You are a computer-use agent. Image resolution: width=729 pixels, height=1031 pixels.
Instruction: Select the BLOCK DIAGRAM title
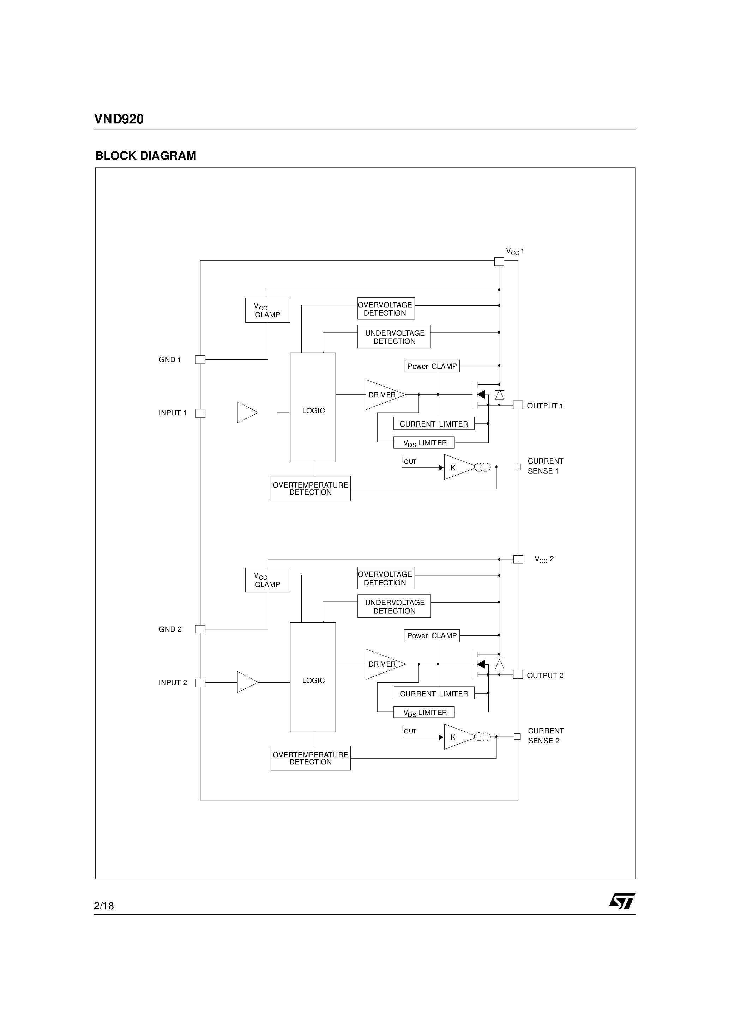click(x=146, y=156)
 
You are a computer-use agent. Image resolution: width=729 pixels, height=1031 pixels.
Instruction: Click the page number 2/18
click(x=104, y=906)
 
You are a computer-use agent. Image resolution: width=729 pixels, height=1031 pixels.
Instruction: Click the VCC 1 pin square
click(x=499, y=261)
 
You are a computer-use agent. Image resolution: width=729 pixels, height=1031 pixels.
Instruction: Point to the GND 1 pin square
click(x=200, y=360)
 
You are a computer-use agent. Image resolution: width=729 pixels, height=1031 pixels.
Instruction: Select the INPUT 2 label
click(x=173, y=683)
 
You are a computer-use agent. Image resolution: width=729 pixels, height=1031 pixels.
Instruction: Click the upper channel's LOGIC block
click(x=313, y=407)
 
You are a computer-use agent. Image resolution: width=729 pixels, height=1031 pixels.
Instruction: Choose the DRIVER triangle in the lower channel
click(x=383, y=664)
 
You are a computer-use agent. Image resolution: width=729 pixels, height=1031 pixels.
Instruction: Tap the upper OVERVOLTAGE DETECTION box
click(x=386, y=309)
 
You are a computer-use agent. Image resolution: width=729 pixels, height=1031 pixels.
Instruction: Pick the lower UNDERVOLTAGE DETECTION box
click(x=394, y=606)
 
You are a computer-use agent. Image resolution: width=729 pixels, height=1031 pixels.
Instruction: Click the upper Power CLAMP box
click(x=432, y=366)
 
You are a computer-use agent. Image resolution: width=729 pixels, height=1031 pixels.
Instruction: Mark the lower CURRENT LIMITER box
click(x=434, y=693)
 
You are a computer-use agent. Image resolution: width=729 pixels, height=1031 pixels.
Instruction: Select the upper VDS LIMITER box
click(x=423, y=443)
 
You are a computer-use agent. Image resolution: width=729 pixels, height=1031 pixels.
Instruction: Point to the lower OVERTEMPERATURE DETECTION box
click(x=310, y=758)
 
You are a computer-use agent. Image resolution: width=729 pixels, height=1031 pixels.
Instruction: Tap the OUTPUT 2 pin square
click(x=518, y=675)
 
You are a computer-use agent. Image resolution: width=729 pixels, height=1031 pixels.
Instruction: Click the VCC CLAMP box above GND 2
click(x=267, y=580)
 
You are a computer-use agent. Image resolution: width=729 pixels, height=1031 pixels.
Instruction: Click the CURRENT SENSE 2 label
click(x=545, y=736)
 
